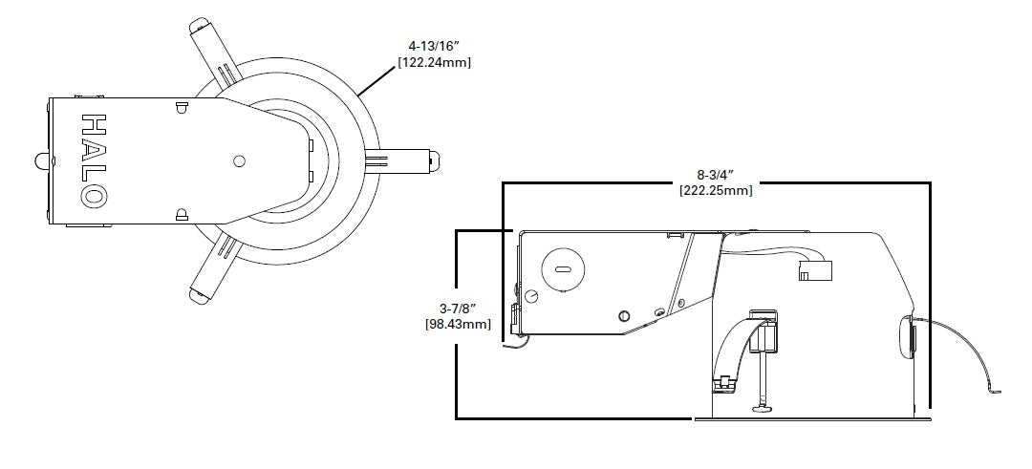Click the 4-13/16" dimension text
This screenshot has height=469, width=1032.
pyautogui.click(x=435, y=46)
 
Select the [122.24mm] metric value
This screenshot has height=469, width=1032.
pyautogui.click(x=435, y=62)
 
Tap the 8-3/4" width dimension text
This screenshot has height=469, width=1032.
pyautogui.click(x=716, y=174)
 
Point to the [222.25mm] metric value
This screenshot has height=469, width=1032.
pyautogui.click(x=716, y=190)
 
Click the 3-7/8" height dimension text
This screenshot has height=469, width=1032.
pyautogui.click(x=458, y=309)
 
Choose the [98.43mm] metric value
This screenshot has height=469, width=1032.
pyautogui.click(x=458, y=325)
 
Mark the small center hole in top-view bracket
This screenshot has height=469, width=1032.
pyautogui.click(x=239, y=160)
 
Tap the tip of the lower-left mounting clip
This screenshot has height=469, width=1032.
pyautogui.click(x=198, y=296)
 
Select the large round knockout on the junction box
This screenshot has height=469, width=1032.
pyautogui.click(x=562, y=270)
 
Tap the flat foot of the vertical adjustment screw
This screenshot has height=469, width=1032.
pyautogui.click(x=765, y=411)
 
